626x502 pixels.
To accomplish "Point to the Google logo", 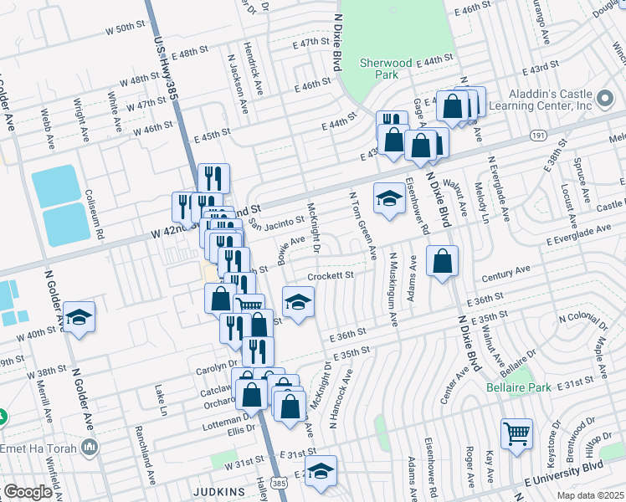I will click(x=28, y=492).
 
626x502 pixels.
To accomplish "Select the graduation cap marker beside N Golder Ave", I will click(x=80, y=317).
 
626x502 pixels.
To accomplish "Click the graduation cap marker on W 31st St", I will click(x=321, y=471).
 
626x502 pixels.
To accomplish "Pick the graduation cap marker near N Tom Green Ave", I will click(x=388, y=198).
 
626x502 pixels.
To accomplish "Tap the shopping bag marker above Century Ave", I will click(x=442, y=261).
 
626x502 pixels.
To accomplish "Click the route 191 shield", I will click(x=538, y=135).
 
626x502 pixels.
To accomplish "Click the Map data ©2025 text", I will click(x=591, y=494).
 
